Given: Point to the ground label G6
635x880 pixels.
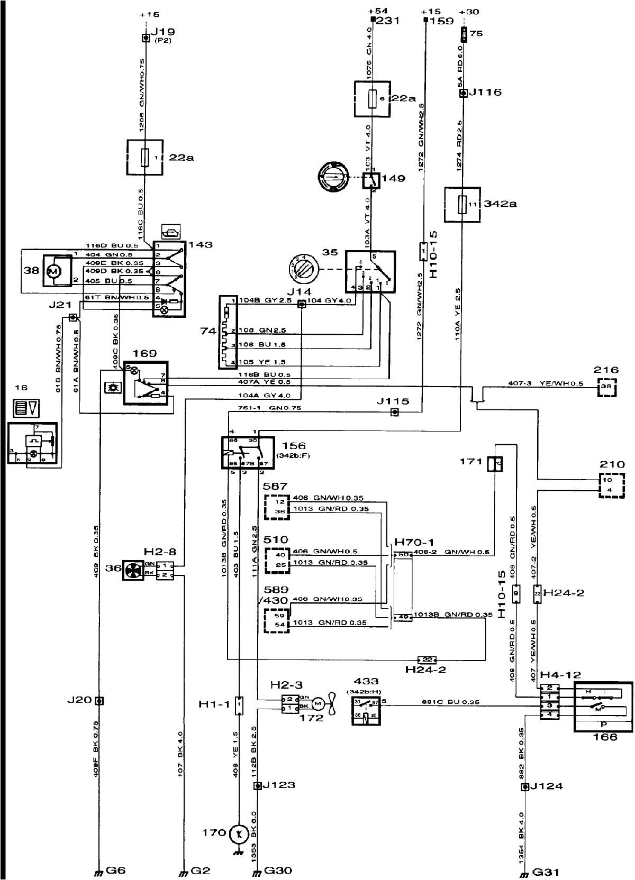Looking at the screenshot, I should [x=116, y=870].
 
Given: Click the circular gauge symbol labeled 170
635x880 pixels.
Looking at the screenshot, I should [x=239, y=836].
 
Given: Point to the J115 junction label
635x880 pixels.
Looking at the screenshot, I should [x=393, y=401].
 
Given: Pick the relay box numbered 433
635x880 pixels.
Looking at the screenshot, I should [x=366, y=710].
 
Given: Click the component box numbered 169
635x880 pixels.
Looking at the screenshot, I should [x=146, y=383].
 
